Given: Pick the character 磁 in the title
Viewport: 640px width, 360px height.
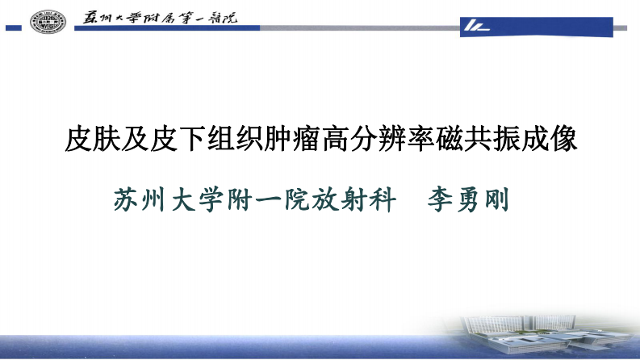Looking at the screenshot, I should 461,140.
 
